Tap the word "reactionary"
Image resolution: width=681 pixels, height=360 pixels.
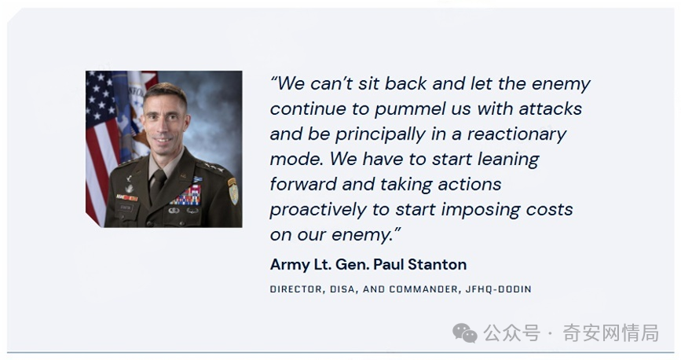click(x=517, y=134)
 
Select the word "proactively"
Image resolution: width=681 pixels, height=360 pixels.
click(x=318, y=210)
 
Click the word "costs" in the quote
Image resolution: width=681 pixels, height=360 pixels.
click(x=549, y=210)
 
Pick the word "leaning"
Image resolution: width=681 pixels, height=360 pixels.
click(x=508, y=160)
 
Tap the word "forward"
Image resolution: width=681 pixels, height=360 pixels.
click(x=302, y=185)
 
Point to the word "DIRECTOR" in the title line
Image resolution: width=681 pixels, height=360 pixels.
click(x=296, y=289)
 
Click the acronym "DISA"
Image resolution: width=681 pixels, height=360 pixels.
click(x=342, y=289)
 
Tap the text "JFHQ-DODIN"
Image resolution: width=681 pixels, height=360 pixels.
click(x=499, y=289)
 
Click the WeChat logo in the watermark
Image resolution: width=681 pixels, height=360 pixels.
click(x=464, y=333)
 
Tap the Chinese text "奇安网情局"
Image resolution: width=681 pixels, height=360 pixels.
click(x=610, y=333)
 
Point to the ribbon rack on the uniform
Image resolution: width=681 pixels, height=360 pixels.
click(x=186, y=196)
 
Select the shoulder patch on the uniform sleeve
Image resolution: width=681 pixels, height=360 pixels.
click(x=233, y=191)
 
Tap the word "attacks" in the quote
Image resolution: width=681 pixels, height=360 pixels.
click(x=551, y=108)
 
